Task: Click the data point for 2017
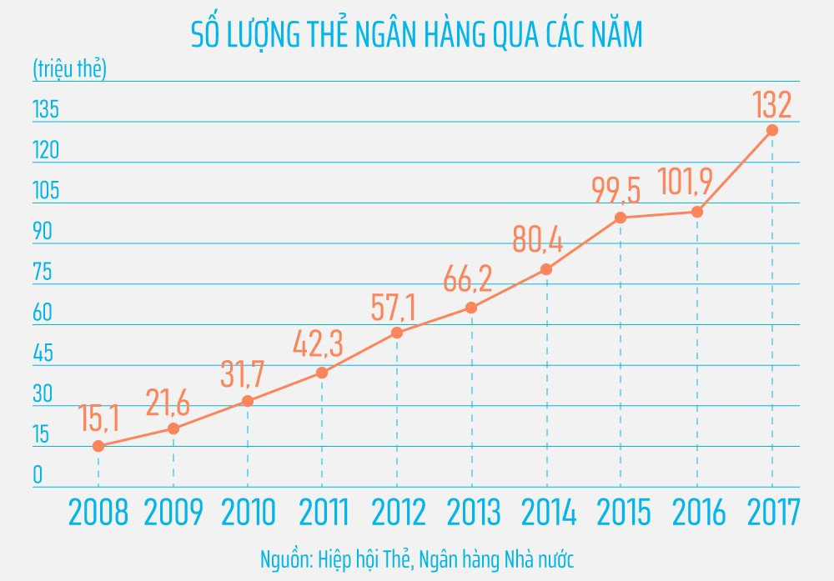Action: point(772,130)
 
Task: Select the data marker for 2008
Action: point(98,446)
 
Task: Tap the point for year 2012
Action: point(397,333)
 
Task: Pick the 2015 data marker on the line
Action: point(620,218)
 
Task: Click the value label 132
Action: point(771,106)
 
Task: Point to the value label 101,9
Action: point(691,181)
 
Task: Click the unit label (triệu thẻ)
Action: point(69,69)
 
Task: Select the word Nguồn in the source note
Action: point(286,557)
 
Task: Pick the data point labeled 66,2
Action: point(471,308)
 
